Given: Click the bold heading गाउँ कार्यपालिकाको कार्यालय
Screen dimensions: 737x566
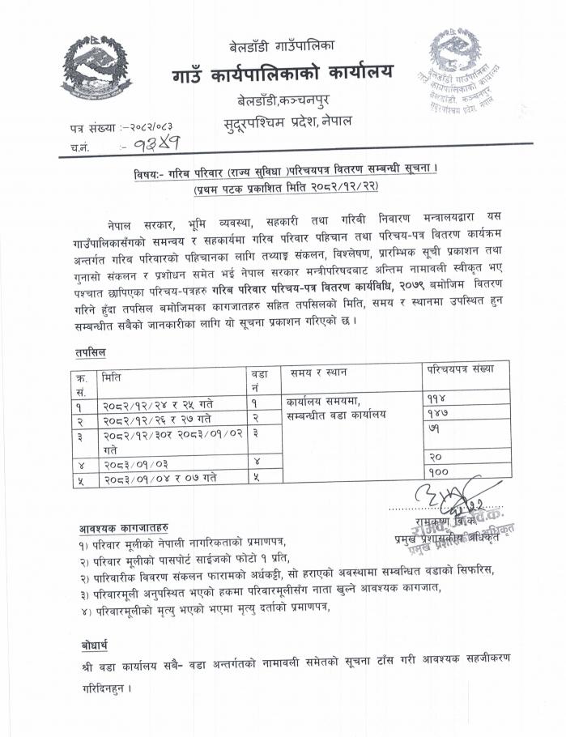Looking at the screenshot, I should coord(282,74).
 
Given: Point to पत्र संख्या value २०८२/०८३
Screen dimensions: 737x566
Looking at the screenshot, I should coord(151,127).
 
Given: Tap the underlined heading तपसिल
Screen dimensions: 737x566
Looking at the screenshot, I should coord(83,352).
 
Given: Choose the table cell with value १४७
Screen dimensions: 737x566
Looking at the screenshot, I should coord(437,414).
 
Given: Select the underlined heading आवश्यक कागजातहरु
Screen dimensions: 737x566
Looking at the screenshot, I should coord(124,527).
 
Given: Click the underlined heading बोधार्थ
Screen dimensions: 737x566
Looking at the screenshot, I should coord(94,645).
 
